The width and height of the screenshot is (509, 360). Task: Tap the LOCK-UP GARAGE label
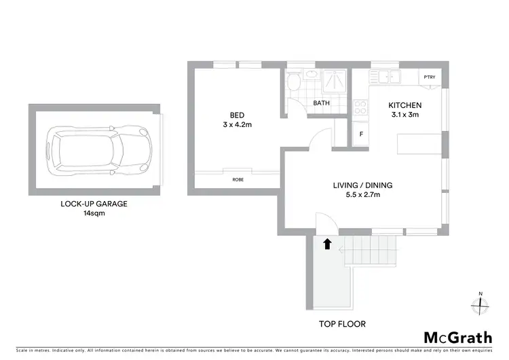94,203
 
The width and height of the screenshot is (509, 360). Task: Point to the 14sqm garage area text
94,213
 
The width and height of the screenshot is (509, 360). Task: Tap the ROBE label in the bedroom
238,180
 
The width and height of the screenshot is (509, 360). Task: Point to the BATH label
321,104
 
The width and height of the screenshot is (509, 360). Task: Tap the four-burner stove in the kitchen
360,105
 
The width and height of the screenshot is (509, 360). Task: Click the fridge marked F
361,134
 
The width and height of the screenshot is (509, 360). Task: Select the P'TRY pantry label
429,77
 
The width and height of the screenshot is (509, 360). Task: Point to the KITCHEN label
404,105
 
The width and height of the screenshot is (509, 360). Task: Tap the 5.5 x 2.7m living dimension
362,196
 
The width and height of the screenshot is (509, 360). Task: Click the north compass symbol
480,305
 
